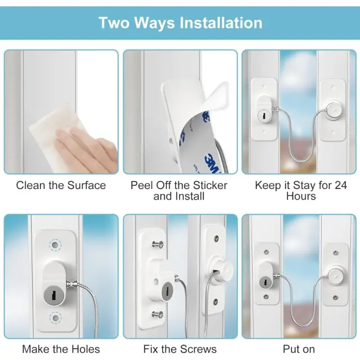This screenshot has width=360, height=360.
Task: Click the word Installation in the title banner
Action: tap(220, 23)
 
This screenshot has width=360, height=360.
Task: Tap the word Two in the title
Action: tap(114, 23)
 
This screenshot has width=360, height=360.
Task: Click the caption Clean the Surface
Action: tap(61, 185)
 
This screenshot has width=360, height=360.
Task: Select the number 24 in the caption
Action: tap(341, 185)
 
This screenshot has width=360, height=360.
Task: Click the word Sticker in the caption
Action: tap(210, 185)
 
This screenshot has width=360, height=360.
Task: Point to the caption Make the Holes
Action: tap(61, 349)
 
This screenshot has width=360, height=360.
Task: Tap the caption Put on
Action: tap(299, 349)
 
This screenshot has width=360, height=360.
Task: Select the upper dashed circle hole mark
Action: tap(55, 245)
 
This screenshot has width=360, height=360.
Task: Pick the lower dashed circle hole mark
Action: tap(55, 318)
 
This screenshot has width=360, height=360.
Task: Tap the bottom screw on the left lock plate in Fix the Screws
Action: tap(157, 314)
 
